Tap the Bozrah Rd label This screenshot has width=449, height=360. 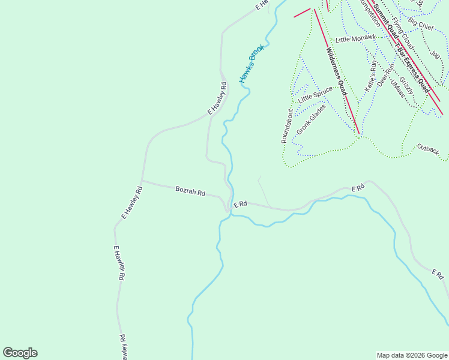point(190,191)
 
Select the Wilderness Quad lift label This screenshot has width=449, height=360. point(337,71)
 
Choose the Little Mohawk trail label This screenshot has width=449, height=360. point(355,39)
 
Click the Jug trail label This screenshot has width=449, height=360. point(435,55)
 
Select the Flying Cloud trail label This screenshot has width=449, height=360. point(403,34)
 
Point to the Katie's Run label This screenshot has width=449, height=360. point(371,76)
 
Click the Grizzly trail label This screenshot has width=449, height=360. point(406,85)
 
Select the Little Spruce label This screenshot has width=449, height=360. point(315,94)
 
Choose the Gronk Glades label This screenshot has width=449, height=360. point(311,119)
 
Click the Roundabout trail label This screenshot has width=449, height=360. point(288,126)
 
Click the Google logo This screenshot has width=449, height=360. point(20,353)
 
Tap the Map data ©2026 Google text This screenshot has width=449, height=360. point(411,355)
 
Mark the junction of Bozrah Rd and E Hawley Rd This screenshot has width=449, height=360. point(142,180)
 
